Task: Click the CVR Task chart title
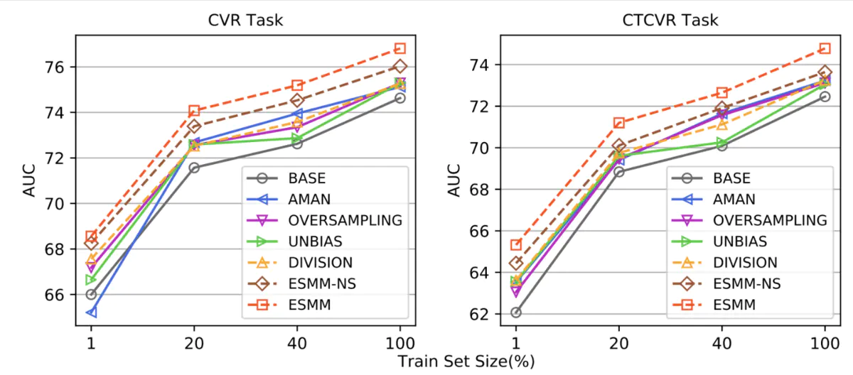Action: point(245,20)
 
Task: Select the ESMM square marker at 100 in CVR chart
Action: point(400,48)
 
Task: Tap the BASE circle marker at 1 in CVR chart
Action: point(91,294)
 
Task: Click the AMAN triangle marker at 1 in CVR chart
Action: point(91,312)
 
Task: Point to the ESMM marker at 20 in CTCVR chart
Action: point(618,123)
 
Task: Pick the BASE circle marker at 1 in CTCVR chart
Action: point(515,312)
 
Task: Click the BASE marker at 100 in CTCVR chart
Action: point(825,97)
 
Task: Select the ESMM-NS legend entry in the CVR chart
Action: point(318,283)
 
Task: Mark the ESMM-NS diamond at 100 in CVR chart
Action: point(400,66)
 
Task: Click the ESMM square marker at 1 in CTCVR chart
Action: point(515,245)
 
